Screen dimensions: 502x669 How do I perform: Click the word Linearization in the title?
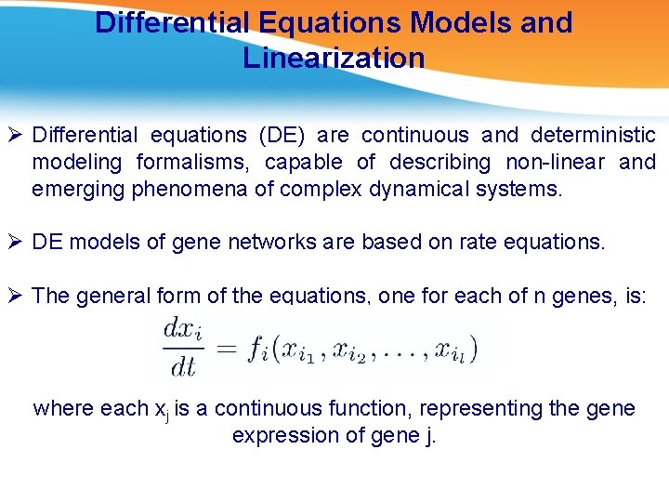point(334,58)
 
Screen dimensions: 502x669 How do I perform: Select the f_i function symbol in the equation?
point(257,350)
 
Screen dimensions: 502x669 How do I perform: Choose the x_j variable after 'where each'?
point(161,410)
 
